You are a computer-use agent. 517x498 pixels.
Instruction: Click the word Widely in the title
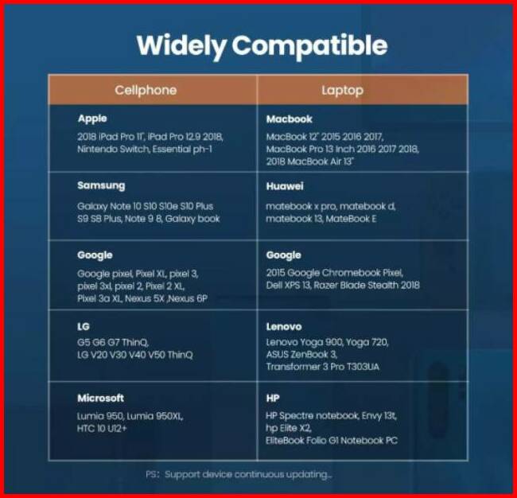tap(181, 46)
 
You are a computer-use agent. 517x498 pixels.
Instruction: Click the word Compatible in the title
tap(309, 46)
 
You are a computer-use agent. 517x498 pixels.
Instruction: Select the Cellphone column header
tap(146, 90)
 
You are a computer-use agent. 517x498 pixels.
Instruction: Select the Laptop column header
tap(343, 91)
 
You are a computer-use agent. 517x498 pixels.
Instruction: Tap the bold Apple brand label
tap(92, 119)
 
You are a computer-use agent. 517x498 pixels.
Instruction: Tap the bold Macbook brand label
tap(290, 119)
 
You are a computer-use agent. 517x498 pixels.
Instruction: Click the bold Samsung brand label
tap(101, 185)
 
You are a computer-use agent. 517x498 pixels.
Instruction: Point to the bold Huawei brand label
tap(285, 186)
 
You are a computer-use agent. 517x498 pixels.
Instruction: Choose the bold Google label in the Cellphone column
tap(95, 255)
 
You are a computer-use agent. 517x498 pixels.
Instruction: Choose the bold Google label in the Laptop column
tap(284, 255)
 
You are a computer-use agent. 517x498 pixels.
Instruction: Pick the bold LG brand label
tap(84, 326)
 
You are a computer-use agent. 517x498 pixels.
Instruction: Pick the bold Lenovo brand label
tap(284, 326)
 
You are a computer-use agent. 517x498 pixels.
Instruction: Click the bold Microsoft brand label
tap(100, 398)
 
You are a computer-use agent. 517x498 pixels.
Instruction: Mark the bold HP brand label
tap(273, 398)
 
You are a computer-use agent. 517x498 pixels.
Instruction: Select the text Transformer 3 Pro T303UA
tap(323, 367)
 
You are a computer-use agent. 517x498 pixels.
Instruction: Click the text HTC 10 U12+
tap(102, 429)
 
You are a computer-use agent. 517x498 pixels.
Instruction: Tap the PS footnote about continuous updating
tap(239, 475)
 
